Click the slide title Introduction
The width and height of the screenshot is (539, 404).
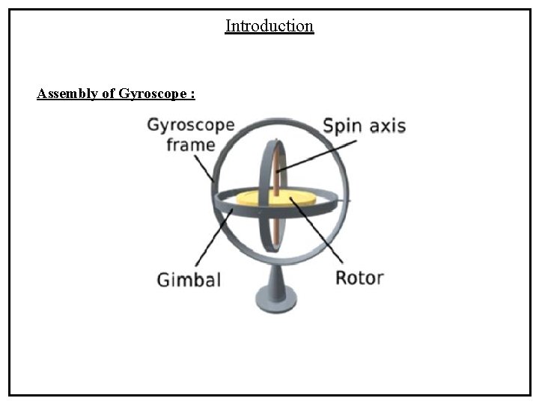coord(269,26)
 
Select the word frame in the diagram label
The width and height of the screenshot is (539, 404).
coord(191,144)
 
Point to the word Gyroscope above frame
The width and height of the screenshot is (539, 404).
coord(190,125)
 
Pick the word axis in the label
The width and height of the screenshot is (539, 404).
coord(386,126)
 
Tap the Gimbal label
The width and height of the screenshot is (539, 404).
coord(189,280)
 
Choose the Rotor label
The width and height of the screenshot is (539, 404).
coord(359,278)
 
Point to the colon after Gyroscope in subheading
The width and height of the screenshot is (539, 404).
coord(193,95)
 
